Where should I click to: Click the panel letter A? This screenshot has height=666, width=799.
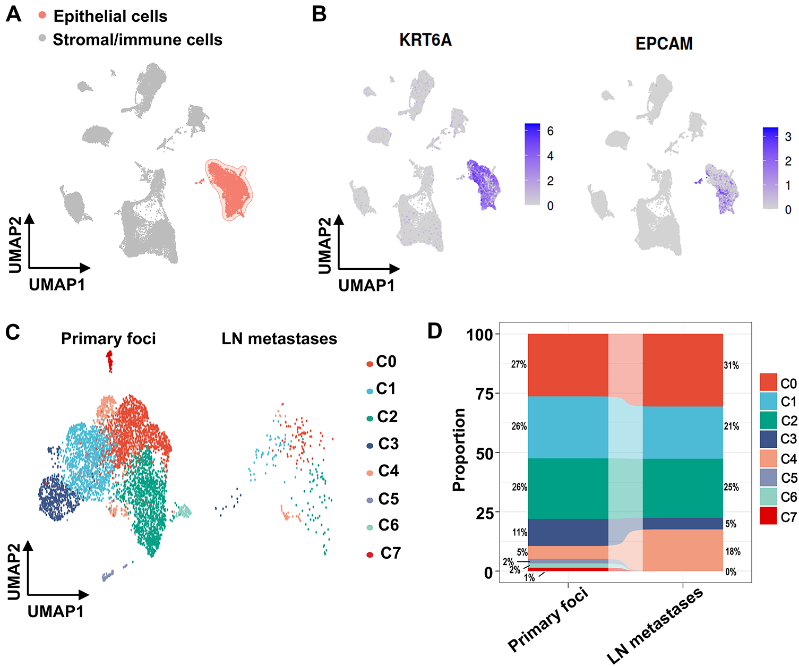click(13, 14)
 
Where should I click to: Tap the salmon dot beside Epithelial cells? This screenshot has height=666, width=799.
click(42, 15)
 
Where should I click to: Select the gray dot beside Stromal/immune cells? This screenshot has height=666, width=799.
click(42, 38)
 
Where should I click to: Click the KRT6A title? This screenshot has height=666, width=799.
click(425, 40)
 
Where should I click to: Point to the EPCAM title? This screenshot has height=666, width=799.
click(664, 44)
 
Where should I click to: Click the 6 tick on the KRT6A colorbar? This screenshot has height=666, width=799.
click(550, 131)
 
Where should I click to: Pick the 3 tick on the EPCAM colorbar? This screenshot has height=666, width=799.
click(788, 136)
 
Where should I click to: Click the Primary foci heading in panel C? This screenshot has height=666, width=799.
click(108, 339)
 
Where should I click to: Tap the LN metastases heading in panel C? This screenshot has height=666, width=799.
click(279, 339)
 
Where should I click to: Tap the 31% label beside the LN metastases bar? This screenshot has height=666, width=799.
click(731, 365)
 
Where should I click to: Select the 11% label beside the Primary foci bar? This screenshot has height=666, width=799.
click(519, 532)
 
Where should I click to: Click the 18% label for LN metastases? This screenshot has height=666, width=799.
click(733, 552)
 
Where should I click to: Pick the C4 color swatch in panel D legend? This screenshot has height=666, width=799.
click(768, 458)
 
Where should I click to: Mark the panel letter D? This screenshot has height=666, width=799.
click(434, 331)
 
